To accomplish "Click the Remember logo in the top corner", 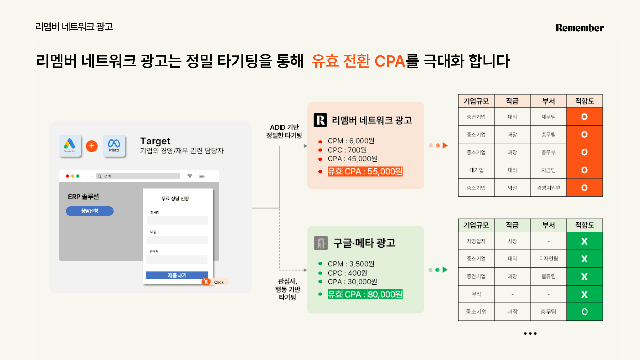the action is [x=579, y=28].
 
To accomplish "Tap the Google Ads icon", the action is [x=70, y=146].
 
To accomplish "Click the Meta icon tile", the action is [x=114, y=146].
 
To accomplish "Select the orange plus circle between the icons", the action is [x=92, y=146].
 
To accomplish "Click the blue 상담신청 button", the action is [x=89, y=211].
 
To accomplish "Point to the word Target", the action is [x=155, y=141].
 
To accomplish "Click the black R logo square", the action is [x=320, y=120].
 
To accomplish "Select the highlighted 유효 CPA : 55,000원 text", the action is [x=365, y=171].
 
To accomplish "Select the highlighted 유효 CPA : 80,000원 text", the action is [x=365, y=294].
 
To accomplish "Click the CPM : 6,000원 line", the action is [x=351, y=141].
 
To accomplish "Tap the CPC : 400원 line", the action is [x=347, y=273].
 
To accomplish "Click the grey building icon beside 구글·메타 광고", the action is [x=321, y=243].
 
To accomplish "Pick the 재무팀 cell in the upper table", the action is [x=548, y=117].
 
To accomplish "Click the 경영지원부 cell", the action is [x=548, y=188].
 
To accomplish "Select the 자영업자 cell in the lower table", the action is [x=476, y=241].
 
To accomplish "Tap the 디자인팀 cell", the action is [x=548, y=259].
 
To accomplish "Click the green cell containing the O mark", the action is [x=584, y=312].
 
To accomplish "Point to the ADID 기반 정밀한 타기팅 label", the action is [x=284, y=131].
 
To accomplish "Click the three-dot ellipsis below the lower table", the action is [x=530, y=333].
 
